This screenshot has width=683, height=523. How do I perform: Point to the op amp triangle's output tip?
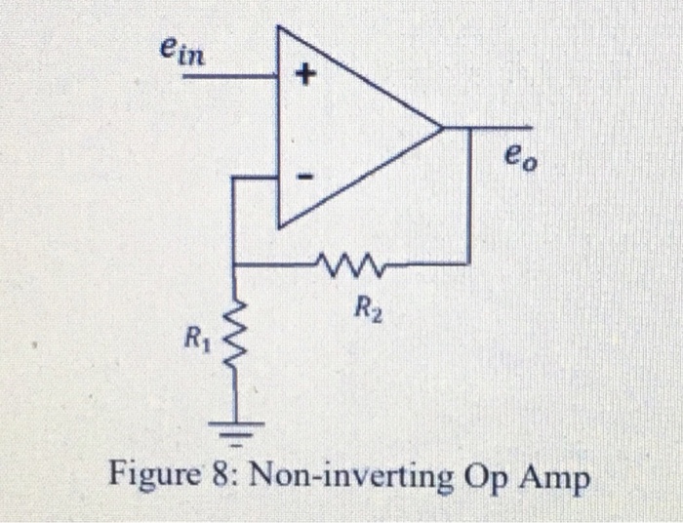tap(444, 127)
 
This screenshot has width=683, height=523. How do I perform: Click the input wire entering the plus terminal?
tap(229, 74)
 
